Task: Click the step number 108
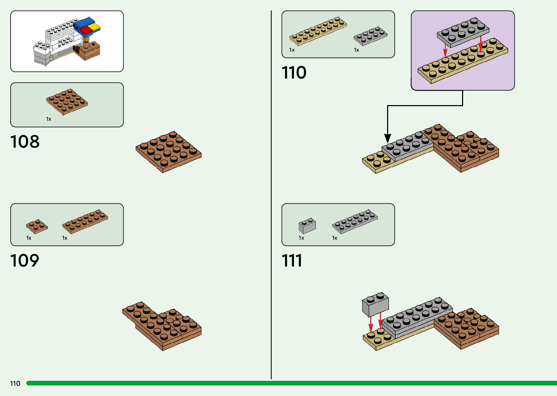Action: click(25, 141)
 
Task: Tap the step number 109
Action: click(25, 260)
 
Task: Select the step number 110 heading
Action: click(294, 72)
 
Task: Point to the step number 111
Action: click(292, 260)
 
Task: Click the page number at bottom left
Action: click(15, 383)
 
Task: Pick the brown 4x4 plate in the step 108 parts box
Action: click(67, 101)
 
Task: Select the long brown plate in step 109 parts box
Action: click(85, 221)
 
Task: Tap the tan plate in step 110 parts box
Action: click(318, 31)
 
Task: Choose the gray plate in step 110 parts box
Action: click(370, 36)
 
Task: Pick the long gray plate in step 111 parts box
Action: click(355, 221)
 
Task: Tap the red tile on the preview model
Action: click(87, 30)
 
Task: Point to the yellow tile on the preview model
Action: click(95, 27)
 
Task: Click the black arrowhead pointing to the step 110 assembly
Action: click(388, 138)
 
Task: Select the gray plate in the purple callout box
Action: click(462, 32)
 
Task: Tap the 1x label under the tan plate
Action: click(292, 50)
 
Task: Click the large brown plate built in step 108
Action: click(168, 152)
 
